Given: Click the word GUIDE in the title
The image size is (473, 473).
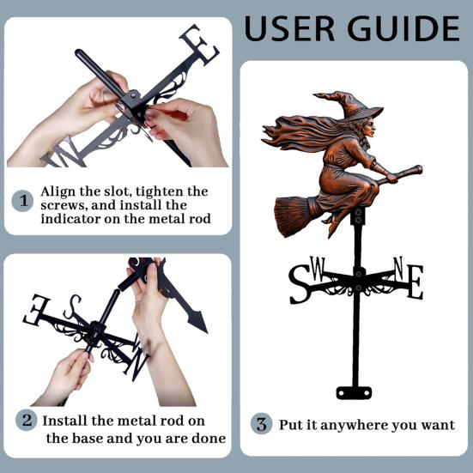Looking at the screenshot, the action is (403, 28).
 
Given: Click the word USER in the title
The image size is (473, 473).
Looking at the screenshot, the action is (289, 28).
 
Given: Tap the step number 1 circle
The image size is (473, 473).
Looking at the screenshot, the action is (22, 201).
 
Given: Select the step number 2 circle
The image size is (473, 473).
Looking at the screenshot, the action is (27, 420).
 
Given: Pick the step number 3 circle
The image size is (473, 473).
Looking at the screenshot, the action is (261, 423).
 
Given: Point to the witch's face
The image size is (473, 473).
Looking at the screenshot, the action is (369, 128).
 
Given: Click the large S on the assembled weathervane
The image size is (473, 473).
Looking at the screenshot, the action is (300, 284).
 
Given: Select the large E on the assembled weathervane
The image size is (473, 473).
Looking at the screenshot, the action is (415, 282).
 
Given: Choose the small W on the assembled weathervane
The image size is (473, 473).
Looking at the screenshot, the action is (318, 268).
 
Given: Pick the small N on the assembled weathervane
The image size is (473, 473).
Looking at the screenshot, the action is (398, 268).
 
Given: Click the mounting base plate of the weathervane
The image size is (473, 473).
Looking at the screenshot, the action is (354, 393).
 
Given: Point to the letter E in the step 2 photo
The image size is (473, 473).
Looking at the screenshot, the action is (36, 310).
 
